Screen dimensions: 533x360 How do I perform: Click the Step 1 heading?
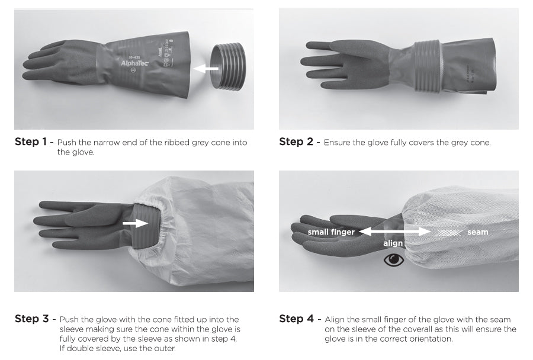(31, 142)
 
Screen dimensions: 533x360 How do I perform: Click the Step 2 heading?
(296, 142)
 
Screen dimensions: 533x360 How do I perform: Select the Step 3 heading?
(31, 319)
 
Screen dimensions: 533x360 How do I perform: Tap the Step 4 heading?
(297, 319)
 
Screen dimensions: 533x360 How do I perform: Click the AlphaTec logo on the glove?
(135, 63)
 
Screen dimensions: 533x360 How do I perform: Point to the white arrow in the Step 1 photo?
(206, 68)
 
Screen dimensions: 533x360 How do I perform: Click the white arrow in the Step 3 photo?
(135, 223)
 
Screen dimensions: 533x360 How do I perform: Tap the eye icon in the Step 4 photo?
(394, 260)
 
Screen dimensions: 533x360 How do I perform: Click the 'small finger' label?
(331, 232)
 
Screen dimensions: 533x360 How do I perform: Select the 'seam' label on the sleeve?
(477, 232)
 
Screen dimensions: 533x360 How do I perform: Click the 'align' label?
(393, 243)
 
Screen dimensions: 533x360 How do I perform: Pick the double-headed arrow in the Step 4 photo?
(394, 232)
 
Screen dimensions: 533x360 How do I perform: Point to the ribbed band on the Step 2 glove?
(428, 66)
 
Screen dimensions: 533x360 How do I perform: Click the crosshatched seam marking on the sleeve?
(449, 233)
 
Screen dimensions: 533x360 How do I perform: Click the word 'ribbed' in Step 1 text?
(176, 143)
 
